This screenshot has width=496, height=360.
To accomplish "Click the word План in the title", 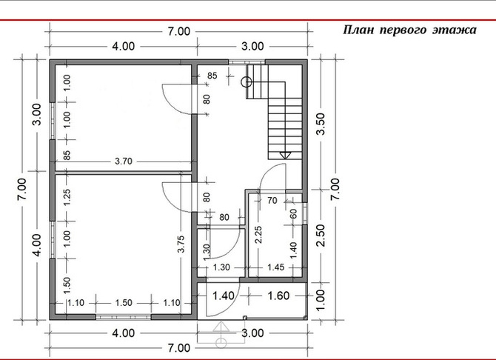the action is coord(358,30).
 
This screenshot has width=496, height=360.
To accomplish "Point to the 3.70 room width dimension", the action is coord(124,161).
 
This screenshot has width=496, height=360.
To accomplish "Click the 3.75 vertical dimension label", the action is coord(181,244).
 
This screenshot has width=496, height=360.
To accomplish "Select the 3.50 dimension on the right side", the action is coord(321,124).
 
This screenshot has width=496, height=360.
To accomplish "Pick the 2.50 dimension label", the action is coord(321,236).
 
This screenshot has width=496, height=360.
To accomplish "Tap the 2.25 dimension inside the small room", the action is coord(258,235).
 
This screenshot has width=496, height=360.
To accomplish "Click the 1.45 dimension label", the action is coord(276,267).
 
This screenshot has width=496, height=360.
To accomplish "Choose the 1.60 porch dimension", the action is coord(278,296).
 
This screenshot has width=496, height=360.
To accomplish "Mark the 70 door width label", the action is coord(272,201).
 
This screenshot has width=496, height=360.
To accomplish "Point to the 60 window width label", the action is coord(294,214).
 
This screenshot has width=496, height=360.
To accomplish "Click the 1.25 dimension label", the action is coord(67,198).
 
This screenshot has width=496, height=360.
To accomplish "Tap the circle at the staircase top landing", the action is coord(247,82).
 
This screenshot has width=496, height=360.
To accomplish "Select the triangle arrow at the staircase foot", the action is coord(285,155).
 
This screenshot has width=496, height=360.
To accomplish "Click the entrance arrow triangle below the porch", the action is coord(221,327).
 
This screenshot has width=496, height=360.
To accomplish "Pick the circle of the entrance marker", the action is coord(221,342).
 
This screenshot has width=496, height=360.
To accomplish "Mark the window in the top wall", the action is coord(247,62).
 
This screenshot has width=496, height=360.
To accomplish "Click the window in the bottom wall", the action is coord(124,317).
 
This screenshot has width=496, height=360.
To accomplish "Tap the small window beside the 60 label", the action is coord(304,213).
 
